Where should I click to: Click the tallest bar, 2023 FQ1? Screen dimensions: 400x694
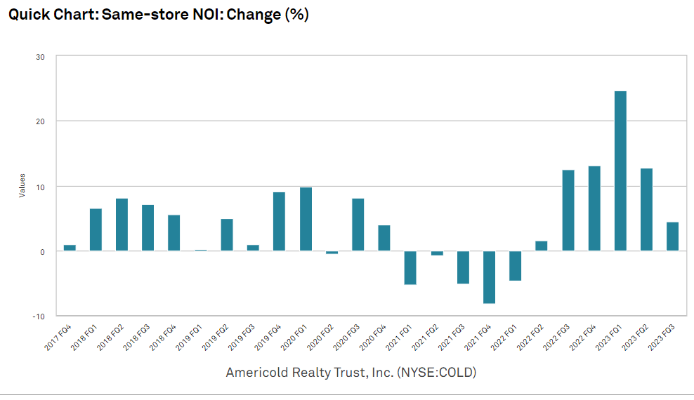pos(620,171)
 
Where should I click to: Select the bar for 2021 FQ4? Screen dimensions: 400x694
pos(489,276)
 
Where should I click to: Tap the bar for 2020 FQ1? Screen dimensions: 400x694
pos(306,219)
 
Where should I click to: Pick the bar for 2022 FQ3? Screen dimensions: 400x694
pos(568,210)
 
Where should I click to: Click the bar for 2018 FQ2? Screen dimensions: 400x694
pos(122,225)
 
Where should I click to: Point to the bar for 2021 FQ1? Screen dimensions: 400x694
pos(410,267)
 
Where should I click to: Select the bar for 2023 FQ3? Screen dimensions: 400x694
pos(672,236)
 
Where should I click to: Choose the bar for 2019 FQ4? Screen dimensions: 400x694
pos(279,221)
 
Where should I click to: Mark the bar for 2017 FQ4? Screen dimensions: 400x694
pos(70,248)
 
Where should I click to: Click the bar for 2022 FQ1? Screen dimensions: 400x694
pos(515,265)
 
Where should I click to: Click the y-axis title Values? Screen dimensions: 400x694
pos(22,185)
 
